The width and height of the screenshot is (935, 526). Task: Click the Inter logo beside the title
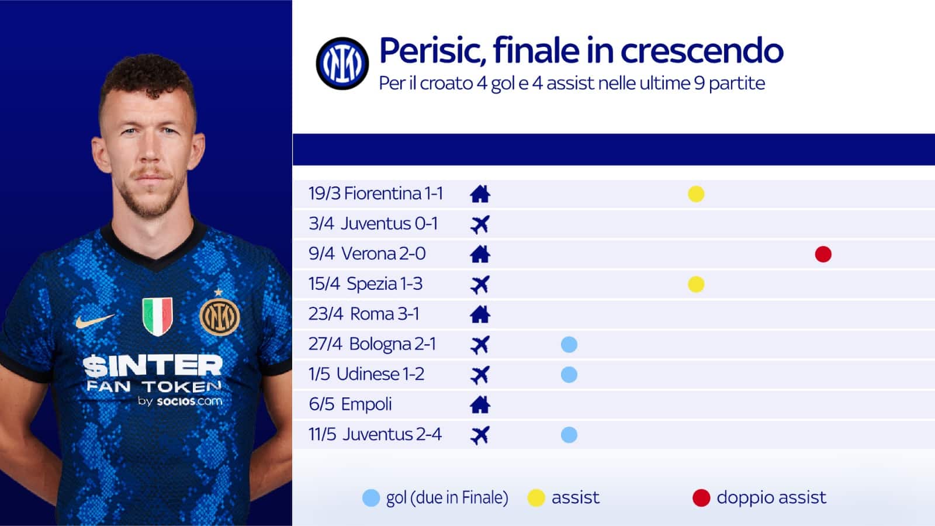pos(342,64)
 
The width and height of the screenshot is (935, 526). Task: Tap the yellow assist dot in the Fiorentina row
pos(696,194)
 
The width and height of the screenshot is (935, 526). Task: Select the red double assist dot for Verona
pos(823,254)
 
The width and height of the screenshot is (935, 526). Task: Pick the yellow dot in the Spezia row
pos(696,284)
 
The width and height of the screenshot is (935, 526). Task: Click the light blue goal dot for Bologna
pos(569,344)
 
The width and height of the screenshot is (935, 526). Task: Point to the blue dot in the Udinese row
pos(569,375)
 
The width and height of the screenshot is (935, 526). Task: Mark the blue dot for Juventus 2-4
pos(569,435)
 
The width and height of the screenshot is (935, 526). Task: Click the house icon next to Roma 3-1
pos(480,314)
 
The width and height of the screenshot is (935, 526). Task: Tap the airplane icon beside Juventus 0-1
pos(480,224)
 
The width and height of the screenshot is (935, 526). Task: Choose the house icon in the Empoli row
pos(480,404)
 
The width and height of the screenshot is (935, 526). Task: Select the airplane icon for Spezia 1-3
pos(480,285)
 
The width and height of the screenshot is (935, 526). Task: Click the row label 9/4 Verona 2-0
pos(367,254)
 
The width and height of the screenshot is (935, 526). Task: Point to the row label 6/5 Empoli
pos(350,404)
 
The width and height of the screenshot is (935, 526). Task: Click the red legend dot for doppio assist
pos(701,498)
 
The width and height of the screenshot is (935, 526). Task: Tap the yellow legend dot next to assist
pos(536,498)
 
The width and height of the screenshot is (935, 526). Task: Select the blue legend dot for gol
pos(371,498)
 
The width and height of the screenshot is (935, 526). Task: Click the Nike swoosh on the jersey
pos(95,320)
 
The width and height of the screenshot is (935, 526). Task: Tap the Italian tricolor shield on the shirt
pos(157,316)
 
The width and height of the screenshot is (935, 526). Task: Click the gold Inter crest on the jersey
pos(220,316)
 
